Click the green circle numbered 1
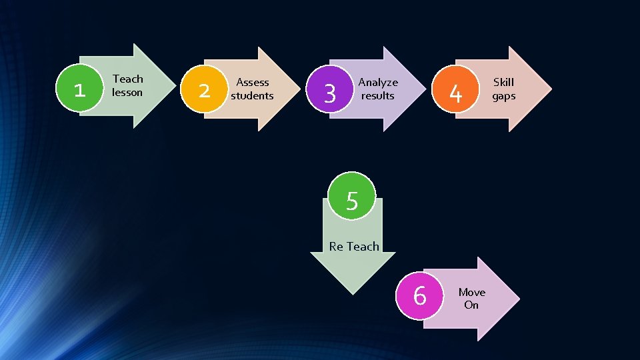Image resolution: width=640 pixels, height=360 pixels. [79, 89]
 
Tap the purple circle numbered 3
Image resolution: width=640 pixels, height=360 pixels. [329, 93]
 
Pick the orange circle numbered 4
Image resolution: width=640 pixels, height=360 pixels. [455, 93]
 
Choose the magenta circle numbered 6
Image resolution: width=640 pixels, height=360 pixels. [419, 294]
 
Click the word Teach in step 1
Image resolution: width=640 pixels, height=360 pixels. [127, 79]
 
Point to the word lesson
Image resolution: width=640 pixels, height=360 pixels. [127, 92]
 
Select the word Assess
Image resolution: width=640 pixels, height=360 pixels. [253, 82]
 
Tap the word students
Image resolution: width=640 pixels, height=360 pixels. [253, 95]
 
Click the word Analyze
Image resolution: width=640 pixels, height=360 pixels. [378, 82]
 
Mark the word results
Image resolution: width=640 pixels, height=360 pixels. [378, 95]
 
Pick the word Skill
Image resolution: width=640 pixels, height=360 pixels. [503, 82]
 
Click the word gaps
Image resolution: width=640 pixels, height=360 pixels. [503, 95]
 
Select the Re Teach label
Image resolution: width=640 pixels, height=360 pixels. [354, 246]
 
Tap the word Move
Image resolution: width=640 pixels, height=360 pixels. [471, 292]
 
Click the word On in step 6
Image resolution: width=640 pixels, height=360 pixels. [471, 305]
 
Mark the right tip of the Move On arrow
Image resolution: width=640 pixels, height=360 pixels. [518, 299]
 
